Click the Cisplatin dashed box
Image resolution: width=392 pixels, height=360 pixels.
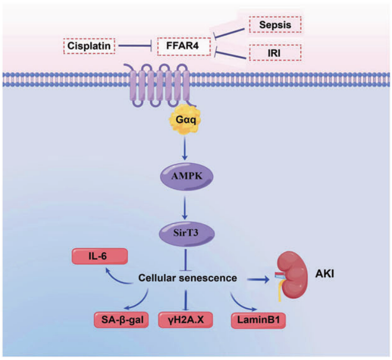tap(89, 47)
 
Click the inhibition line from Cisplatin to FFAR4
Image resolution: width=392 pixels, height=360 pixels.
tap(135, 47)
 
